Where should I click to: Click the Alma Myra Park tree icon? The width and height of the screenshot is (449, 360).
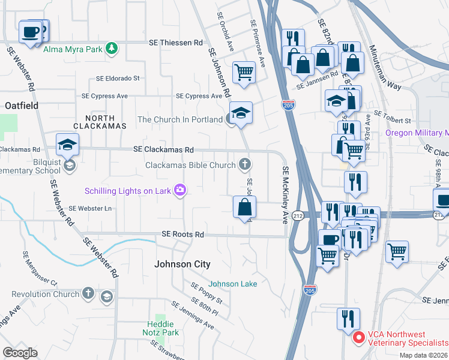pyautogui.click(x=110, y=48)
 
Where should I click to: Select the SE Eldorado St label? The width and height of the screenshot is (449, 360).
pyautogui.click(x=118, y=78)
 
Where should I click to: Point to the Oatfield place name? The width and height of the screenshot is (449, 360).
pyautogui.click(x=22, y=106)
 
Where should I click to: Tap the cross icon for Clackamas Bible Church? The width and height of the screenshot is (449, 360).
pyautogui.click(x=244, y=164)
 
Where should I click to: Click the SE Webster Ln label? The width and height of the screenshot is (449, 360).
pyautogui.click(x=90, y=208)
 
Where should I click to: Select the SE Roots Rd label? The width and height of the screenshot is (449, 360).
pyautogui.click(x=182, y=235)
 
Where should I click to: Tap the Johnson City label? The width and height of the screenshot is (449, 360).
pyautogui.click(x=182, y=264)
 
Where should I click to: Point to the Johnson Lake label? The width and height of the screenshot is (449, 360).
pyautogui.click(x=233, y=284)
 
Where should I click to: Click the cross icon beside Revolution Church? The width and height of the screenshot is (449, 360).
pyautogui.click(x=88, y=294)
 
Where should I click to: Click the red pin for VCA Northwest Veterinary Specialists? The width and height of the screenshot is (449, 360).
pyautogui.click(x=358, y=338)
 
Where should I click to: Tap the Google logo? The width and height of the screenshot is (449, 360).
pyautogui.click(x=20, y=353)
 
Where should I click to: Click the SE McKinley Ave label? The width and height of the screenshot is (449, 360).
pyautogui.click(x=286, y=195)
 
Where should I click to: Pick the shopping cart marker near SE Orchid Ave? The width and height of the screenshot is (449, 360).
pyautogui.click(x=244, y=73)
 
